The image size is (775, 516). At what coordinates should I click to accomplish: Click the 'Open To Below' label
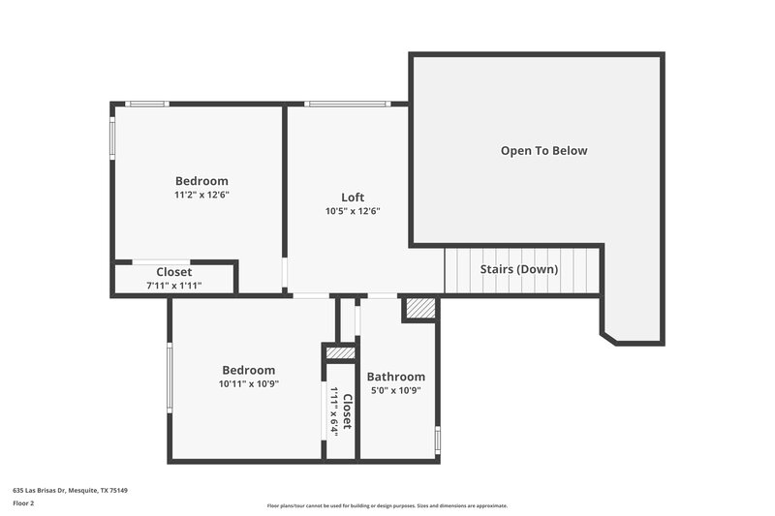click(543, 151)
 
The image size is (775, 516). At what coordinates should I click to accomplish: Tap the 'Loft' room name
click(353, 197)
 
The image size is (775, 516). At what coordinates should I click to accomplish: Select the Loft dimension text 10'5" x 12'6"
click(353, 211)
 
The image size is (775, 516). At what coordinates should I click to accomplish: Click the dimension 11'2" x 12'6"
click(201, 195)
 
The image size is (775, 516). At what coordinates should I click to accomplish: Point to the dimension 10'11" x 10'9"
click(248, 383)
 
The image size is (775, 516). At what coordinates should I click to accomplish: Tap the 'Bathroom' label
click(395, 377)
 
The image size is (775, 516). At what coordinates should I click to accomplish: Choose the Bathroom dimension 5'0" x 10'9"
click(395, 391)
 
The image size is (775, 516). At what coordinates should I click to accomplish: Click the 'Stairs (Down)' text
click(519, 269)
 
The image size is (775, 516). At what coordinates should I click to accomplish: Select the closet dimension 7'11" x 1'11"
click(174, 286)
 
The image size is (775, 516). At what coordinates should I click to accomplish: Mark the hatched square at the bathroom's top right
click(419, 308)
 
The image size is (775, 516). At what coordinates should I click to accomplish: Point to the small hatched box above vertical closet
click(339, 353)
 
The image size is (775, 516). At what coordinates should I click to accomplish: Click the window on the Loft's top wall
click(347, 104)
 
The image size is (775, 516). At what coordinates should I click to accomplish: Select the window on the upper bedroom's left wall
click(112, 137)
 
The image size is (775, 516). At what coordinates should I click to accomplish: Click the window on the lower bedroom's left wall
click(170, 377)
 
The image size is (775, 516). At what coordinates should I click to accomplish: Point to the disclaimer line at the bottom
click(387, 505)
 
